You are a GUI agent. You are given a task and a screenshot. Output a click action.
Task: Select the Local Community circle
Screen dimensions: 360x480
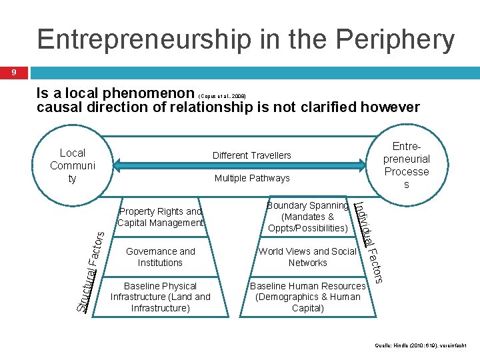click(72, 165)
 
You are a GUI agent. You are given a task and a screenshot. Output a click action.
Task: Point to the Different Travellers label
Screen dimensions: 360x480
click(252, 155)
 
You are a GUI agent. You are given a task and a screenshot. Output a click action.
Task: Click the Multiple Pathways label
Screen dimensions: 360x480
click(252, 178)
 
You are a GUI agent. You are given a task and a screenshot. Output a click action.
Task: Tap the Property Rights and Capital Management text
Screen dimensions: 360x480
click(161, 217)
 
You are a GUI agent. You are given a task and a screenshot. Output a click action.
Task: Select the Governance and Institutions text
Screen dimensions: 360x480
click(161, 257)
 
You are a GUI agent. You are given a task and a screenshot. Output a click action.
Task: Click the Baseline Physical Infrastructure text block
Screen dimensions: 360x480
click(161, 297)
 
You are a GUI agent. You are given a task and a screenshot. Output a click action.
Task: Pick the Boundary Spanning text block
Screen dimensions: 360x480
click(307, 217)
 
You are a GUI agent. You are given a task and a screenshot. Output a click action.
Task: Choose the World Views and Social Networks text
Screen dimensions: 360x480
click(307, 257)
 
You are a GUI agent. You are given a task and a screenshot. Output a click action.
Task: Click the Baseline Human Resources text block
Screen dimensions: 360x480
click(307, 297)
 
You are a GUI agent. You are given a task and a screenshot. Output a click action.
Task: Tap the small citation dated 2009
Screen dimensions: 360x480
click(223, 96)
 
